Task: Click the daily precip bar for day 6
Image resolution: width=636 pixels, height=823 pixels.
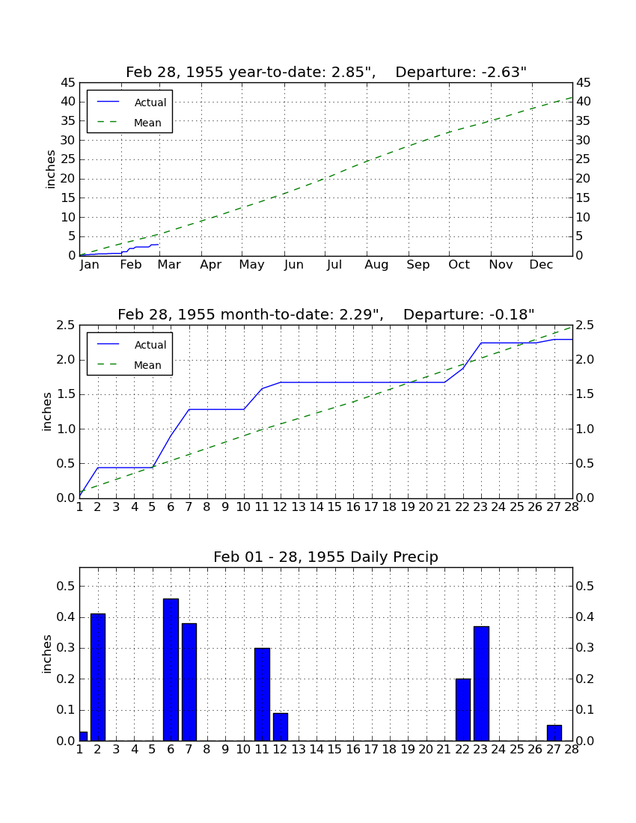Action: pos(171,670)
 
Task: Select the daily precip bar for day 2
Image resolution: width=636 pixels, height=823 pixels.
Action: pos(97,677)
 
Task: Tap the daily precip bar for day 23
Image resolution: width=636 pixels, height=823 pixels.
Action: pos(481,683)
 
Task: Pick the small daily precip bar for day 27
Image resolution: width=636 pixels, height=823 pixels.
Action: pos(554,732)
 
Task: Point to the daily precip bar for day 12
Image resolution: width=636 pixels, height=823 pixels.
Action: pos(281,727)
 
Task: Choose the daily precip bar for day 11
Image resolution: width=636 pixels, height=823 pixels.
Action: pos(262,694)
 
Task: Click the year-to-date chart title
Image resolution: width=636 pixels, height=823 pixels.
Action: pos(326,72)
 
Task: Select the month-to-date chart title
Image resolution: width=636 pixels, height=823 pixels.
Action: pos(326,314)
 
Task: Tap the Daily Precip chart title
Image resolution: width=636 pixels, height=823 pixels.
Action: pos(326,557)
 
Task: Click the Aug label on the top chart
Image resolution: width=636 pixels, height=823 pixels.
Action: pos(376,265)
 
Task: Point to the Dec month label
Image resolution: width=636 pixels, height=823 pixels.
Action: pos(541,265)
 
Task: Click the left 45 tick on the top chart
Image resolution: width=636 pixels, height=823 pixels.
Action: pos(69,83)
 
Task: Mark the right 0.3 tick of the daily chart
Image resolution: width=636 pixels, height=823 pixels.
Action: pos(585,648)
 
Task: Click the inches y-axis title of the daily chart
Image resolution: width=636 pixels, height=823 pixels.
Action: pos(47,654)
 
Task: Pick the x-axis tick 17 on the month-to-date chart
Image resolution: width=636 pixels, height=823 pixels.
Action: pos(371,507)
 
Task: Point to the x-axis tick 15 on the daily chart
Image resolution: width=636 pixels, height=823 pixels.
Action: pos(334,750)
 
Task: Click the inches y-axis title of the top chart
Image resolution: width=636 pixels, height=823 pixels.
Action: pos(50,169)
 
